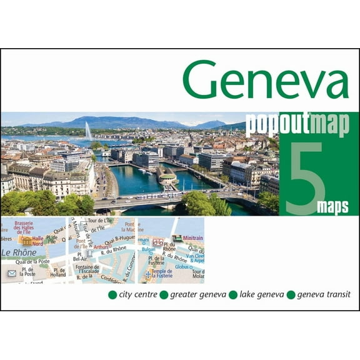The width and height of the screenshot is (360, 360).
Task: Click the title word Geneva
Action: click(265, 82)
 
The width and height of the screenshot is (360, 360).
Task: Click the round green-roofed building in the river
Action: click(168, 178)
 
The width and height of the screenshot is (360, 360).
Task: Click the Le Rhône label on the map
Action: click(19, 252)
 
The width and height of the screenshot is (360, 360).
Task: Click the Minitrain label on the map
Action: click(192, 238)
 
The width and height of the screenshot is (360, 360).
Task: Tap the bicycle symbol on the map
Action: click(158, 242)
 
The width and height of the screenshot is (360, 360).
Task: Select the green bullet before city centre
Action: click(112, 294)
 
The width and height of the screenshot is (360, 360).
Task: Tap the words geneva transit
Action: click(324, 294)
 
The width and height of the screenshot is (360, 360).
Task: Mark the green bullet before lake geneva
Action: click(233, 294)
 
